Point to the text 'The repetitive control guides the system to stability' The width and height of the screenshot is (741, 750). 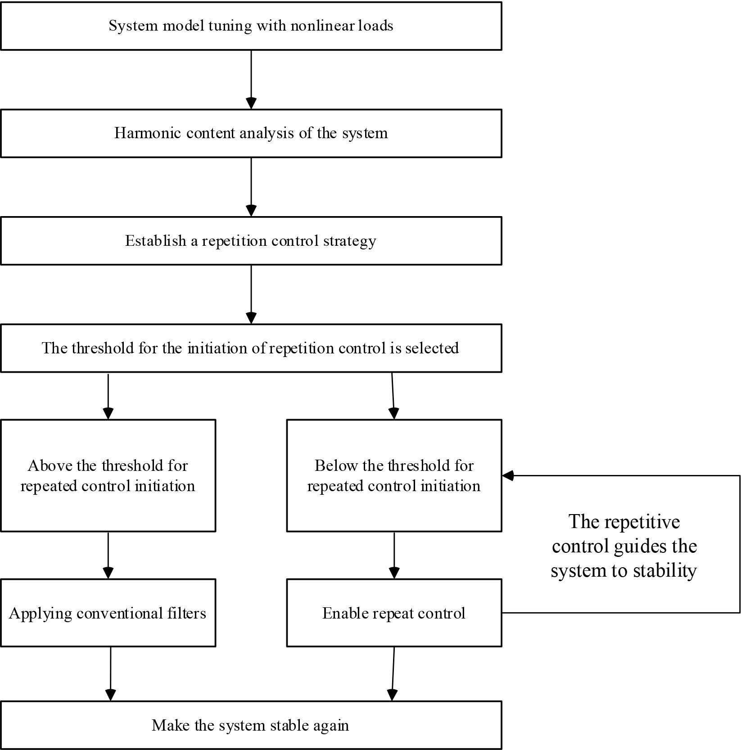[624, 546]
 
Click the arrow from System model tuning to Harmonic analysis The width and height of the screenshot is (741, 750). [251, 79]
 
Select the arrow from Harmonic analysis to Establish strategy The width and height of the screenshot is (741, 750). [251, 186]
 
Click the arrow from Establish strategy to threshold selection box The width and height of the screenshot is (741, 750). [251, 294]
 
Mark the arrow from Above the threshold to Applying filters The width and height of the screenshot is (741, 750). [108, 555]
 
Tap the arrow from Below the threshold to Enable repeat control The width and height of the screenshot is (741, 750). [394, 555]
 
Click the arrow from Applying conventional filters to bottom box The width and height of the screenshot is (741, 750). [110, 673]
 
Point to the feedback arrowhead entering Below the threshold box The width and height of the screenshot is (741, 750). [508, 475]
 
